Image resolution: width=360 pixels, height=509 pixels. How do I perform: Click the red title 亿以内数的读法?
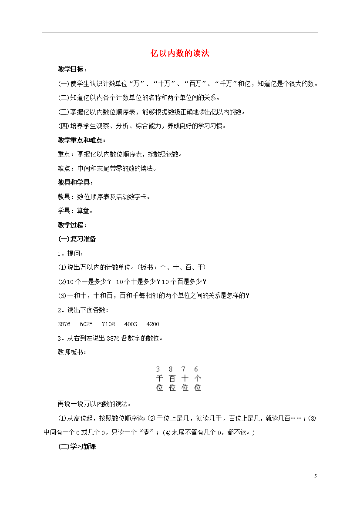pos(180,54)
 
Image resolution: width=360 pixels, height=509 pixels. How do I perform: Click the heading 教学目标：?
pos(73,70)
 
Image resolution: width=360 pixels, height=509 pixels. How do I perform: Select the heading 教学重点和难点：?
pos(82,140)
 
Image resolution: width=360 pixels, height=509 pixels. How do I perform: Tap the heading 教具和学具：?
pos(76,183)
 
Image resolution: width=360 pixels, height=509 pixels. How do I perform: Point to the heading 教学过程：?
pos(73,225)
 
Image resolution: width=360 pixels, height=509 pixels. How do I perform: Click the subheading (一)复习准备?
pos(77,239)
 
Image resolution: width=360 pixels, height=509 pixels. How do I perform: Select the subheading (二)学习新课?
pos(77,447)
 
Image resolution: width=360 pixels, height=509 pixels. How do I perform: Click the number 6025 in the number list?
pos(86,324)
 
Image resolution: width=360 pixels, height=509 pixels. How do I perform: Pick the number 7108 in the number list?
pos(108,324)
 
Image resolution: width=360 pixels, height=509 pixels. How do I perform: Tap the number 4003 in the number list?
pos(131,324)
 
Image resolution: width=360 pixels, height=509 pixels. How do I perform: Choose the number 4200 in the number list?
pos(153,324)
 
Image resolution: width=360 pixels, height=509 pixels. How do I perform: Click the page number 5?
pos(316,476)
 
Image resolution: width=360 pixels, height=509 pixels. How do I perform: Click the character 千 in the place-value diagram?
pos(159,378)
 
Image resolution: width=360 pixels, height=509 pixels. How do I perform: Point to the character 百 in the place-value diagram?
pos(172,378)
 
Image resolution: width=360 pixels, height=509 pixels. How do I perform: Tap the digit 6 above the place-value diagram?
pos(196,369)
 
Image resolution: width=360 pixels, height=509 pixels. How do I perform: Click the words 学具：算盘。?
pos(75,211)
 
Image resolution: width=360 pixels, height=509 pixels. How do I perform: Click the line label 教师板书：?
pos(72,352)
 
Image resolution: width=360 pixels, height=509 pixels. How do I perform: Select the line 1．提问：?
pos(70,253)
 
